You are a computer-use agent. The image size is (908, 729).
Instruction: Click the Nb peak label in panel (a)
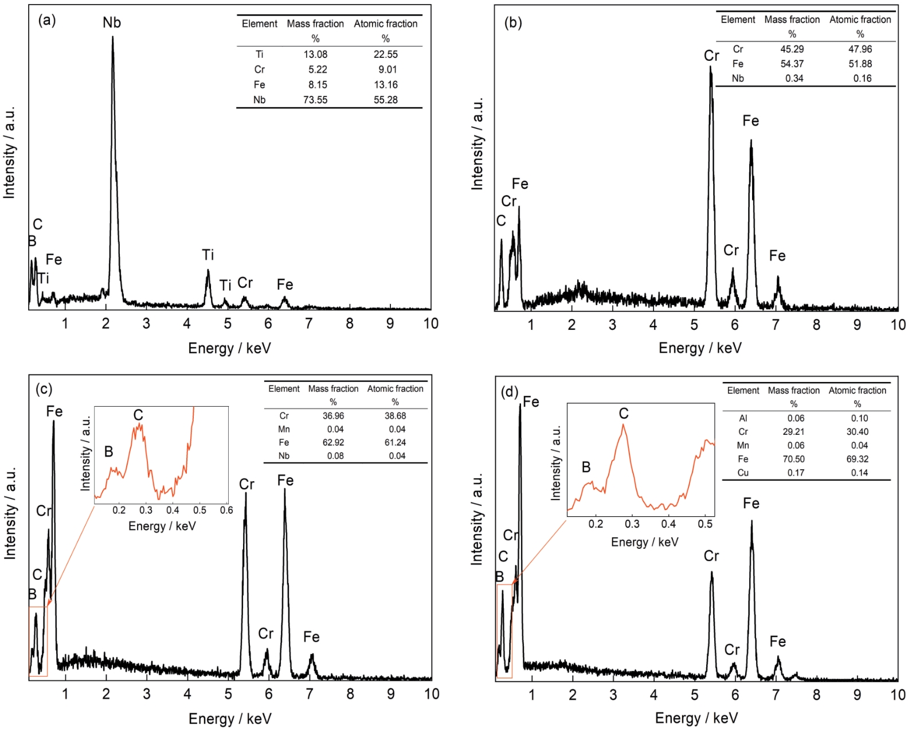pyautogui.click(x=112, y=23)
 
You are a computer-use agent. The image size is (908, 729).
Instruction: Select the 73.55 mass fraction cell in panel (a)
pyautogui.click(x=315, y=100)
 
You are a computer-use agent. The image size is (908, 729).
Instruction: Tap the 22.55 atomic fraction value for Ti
pyautogui.click(x=385, y=54)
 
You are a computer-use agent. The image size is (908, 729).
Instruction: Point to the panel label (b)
pyautogui.click(x=513, y=23)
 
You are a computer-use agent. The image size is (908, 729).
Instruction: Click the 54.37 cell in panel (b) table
pyautogui.click(x=792, y=64)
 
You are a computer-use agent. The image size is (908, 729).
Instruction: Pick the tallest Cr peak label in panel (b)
pyautogui.click(x=711, y=56)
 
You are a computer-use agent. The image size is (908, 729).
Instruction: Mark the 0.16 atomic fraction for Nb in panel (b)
pyautogui.click(x=862, y=79)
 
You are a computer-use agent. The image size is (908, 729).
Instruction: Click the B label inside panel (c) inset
pyautogui.click(x=108, y=452)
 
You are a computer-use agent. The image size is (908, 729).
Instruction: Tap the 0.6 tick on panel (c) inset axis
pyautogui.click(x=226, y=510)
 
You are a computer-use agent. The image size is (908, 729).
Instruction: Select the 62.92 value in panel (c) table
pyautogui.click(x=333, y=442)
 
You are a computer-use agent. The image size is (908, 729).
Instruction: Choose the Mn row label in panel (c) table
pyautogui.click(x=284, y=429)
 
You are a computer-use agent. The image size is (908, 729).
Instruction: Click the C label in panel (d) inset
pyautogui.click(x=624, y=414)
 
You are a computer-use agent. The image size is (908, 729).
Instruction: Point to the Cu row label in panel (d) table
pyautogui.click(x=743, y=473)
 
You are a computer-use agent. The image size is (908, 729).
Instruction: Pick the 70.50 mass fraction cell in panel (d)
pyautogui.click(x=794, y=459)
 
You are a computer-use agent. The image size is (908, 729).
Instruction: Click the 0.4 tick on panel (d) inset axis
pyautogui.click(x=668, y=524)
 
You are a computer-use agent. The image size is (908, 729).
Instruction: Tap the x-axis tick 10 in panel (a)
pyautogui.click(x=430, y=323)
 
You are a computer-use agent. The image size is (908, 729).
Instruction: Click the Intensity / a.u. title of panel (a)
pyautogui.click(x=9, y=153)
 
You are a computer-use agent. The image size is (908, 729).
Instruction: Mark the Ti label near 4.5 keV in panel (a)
pyautogui.click(x=208, y=255)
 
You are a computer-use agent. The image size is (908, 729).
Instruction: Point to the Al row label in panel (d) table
pyautogui.click(x=743, y=418)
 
